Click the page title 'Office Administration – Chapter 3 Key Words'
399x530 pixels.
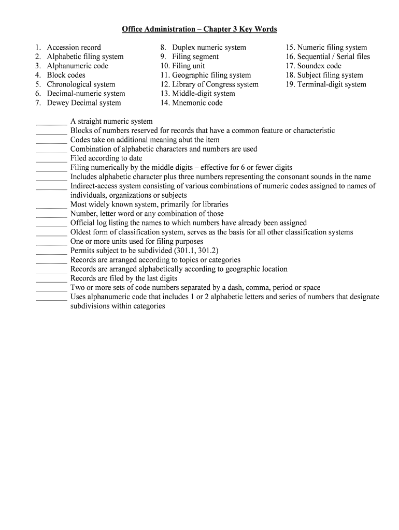[199, 29]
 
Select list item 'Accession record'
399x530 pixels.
[74, 48]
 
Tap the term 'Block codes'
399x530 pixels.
[66, 75]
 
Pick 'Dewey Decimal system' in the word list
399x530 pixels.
[83, 103]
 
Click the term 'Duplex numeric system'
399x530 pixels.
[209, 48]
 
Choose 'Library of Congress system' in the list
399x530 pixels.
[215, 84]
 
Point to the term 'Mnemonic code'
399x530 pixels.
[197, 103]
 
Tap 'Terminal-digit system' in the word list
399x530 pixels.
[332, 84]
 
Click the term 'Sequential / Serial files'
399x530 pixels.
[334, 57]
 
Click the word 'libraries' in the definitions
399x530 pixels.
[213, 204]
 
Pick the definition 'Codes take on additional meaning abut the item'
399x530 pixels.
[145, 140]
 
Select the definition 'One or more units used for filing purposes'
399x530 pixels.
[137, 242]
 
